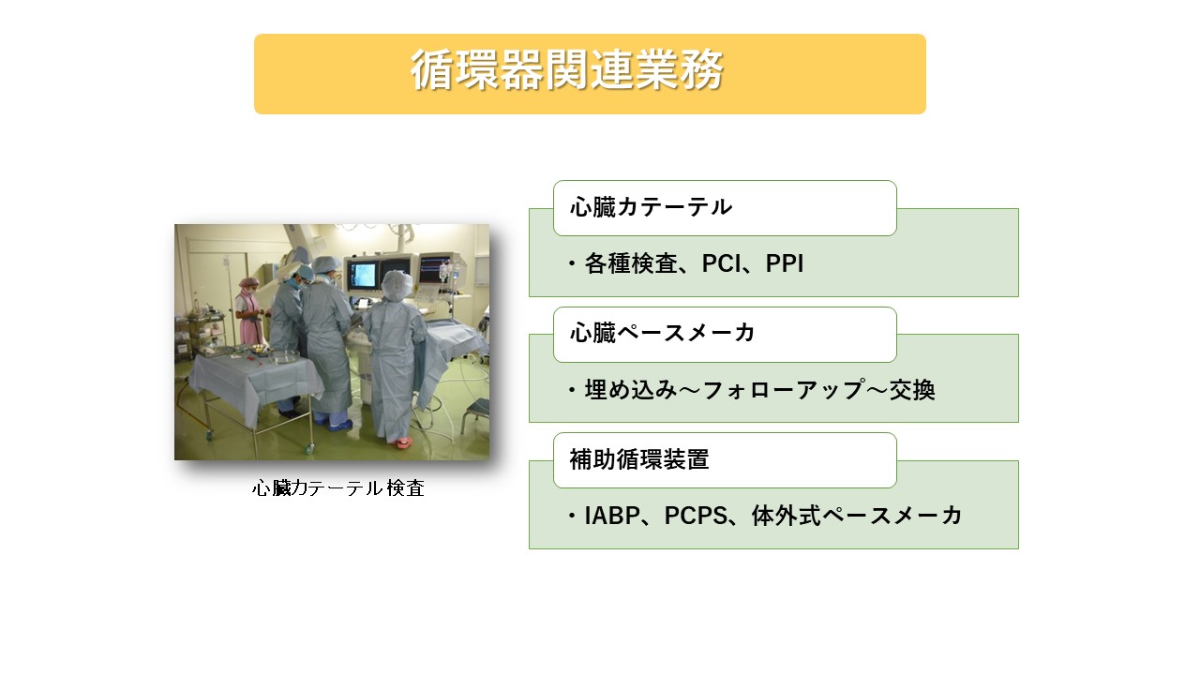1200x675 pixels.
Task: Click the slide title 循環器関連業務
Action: tap(566, 72)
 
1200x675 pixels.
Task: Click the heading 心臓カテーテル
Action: tap(651, 207)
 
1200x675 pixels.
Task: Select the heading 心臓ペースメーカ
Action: tap(662, 333)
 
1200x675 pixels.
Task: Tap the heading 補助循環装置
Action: tap(638, 459)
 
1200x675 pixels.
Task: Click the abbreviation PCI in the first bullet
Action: tap(722, 264)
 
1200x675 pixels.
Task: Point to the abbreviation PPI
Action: tap(785, 264)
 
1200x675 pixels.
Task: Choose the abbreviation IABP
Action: tap(613, 516)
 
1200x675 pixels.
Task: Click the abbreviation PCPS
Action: tap(695, 516)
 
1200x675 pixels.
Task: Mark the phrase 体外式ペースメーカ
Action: tap(857, 516)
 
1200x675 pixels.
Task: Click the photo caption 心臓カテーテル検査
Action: tap(337, 488)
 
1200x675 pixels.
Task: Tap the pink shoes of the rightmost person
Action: tap(399, 440)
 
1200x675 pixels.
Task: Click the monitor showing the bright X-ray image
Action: tap(362, 275)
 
